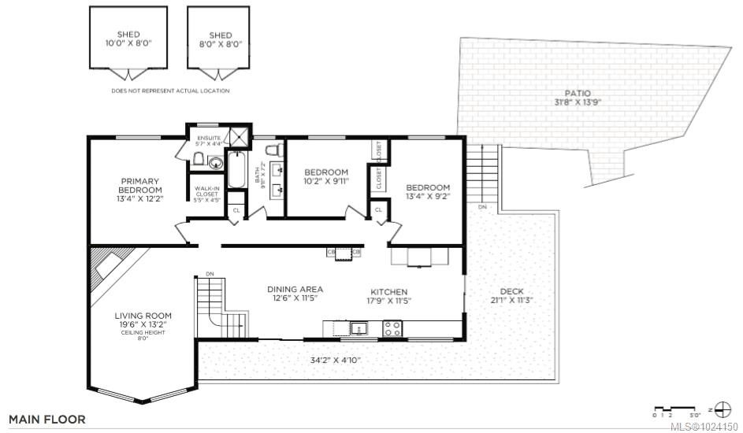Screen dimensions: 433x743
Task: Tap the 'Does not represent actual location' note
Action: click(170, 91)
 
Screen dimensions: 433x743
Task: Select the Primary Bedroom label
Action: click(140, 189)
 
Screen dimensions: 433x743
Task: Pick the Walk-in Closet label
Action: click(208, 194)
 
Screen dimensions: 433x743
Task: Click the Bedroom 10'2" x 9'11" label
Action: click(326, 177)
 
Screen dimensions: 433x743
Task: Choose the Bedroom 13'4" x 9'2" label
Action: click(428, 192)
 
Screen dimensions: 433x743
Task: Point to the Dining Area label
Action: click(294, 294)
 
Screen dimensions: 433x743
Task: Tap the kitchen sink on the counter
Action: click(358, 327)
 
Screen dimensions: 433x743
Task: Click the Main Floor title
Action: click(47, 420)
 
